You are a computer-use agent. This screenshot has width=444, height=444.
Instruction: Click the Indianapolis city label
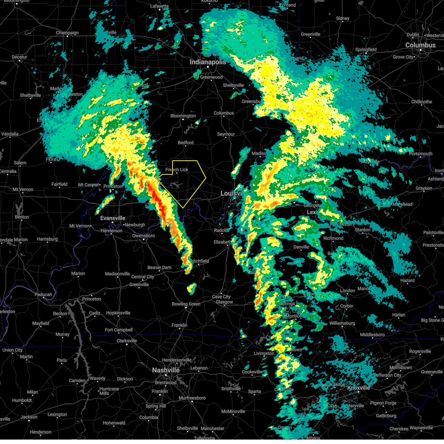[208, 62]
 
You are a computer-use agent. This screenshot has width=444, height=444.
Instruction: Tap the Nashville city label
[166, 370]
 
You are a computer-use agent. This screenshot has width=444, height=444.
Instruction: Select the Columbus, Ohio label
[420, 45]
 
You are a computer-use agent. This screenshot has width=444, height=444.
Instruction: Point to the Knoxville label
[359, 388]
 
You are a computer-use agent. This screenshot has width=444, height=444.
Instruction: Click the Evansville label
[113, 218]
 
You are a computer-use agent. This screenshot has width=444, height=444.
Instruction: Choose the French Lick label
[177, 170]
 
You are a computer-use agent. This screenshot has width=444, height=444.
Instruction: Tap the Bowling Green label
[186, 304]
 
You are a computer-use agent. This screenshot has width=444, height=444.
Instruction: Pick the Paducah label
[43, 295]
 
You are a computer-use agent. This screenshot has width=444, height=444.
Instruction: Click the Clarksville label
[127, 341]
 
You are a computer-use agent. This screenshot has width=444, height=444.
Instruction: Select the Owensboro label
[144, 236]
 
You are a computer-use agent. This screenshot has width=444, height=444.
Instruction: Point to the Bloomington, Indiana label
[183, 116]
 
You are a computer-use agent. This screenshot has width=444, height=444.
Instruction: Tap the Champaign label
[67, 33]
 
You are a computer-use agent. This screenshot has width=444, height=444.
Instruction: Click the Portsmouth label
[421, 154]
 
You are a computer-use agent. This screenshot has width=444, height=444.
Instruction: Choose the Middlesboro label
[372, 335]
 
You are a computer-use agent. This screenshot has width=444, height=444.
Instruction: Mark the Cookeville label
[252, 372]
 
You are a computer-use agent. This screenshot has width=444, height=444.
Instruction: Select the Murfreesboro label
[192, 398]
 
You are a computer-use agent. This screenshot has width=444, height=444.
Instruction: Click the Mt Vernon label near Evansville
[80, 226]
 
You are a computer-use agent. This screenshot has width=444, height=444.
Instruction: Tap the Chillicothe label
[421, 102]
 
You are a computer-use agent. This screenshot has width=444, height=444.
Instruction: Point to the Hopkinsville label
[118, 313]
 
